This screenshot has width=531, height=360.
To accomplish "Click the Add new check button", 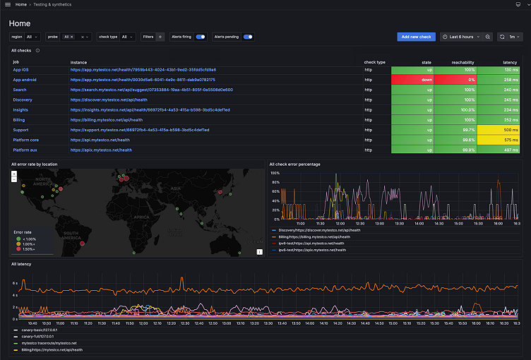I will (x=416, y=37).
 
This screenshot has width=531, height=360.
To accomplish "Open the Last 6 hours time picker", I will (x=467, y=37).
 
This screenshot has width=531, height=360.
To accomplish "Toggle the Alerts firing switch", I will (x=201, y=37).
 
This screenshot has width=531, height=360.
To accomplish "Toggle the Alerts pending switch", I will (x=248, y=37).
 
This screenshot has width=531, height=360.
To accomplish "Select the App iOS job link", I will (x=20, y=70).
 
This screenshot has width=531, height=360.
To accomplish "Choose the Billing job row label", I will (x=19, y=120).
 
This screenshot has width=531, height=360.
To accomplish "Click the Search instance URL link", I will (x=151, y=90).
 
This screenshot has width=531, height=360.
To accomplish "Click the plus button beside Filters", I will (x=160, y=37).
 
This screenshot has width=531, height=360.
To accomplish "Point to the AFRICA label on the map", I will (x=143, y=217).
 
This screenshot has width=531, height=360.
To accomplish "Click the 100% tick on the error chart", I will (x=275, y=173).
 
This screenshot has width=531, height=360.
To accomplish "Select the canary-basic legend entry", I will (x=40, y=330).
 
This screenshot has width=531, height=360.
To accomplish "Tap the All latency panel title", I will (x=21, y=264).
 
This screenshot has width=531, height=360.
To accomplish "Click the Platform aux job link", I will (x=25, y=150).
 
